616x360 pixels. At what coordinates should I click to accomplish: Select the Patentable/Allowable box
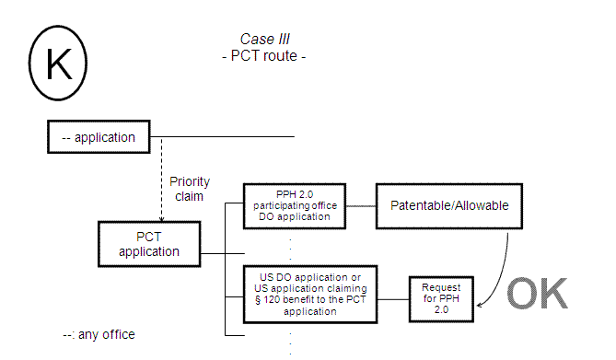click(448, 204)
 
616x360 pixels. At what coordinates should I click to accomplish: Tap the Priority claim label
click(190, 189)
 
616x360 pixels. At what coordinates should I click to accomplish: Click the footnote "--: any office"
click(98, 333)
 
